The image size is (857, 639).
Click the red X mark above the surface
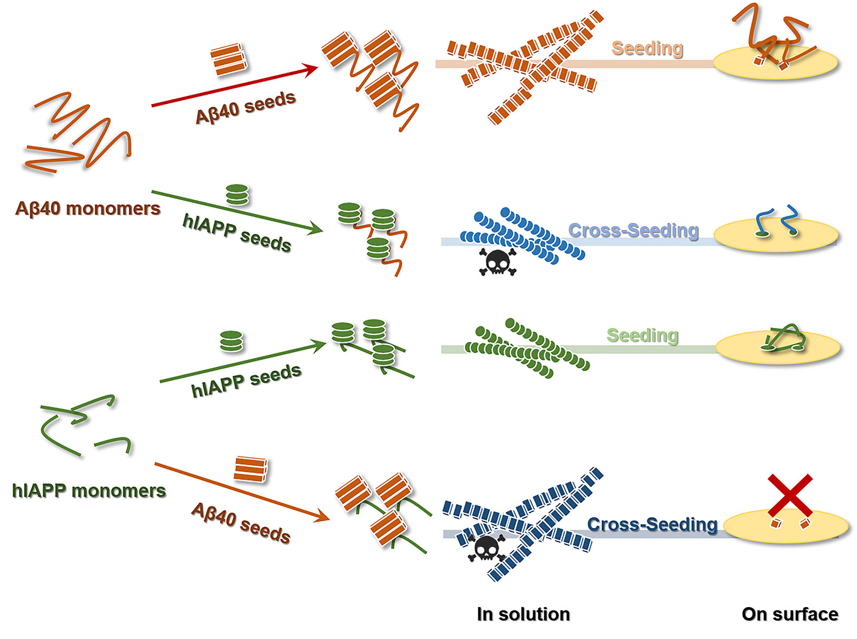790,495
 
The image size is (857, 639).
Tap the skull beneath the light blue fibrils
497,261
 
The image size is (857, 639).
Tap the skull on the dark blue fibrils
486,548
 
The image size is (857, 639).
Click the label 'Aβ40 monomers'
88,208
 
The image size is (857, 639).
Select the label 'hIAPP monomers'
89,490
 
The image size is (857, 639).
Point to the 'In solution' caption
523,614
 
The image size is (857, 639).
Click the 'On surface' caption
790,614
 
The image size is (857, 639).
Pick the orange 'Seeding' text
647,48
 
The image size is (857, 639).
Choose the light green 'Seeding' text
642,335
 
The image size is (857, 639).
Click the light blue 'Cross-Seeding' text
633,230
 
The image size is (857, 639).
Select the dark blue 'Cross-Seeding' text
652,524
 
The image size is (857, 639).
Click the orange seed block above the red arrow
229,60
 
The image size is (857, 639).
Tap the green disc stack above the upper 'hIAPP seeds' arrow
237,195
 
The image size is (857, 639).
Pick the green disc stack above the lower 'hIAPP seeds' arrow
231,341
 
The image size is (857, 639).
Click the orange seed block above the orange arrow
250,469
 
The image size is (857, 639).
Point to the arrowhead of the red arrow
311,70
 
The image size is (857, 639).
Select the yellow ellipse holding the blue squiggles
776,235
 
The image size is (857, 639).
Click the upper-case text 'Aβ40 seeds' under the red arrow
246,108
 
